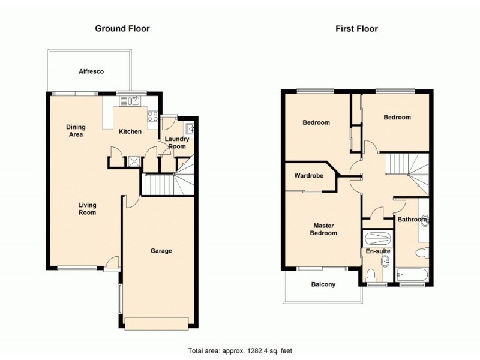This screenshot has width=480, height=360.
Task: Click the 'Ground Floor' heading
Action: [122, 28]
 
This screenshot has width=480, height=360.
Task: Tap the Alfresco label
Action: [91, 71]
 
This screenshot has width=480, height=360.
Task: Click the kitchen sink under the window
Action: [131, 101]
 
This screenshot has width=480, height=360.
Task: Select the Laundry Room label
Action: [178, 143]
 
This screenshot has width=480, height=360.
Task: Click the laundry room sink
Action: [190, 128]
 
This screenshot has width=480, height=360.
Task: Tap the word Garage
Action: [161, 251]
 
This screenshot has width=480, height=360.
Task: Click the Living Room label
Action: [87, 209]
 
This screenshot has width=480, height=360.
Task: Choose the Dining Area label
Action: [76, 131]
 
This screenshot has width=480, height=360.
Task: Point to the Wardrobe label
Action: [309, 176]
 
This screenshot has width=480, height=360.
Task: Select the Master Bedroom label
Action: [324, 229]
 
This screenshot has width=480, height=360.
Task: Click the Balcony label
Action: [323, 284]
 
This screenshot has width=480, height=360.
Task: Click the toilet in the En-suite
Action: [371, 275]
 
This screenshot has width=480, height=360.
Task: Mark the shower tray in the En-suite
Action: [377, 238]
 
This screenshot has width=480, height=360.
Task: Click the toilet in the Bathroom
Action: [424, 253]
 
